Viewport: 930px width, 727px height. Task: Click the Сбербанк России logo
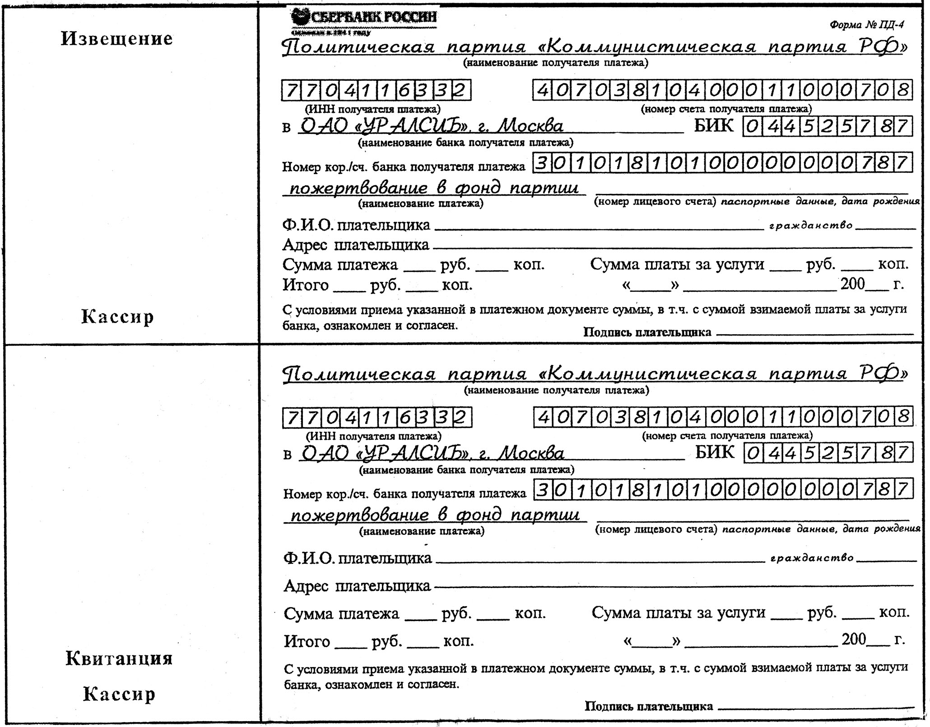pos(364,19)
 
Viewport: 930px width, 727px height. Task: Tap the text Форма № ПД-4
pos(866,25)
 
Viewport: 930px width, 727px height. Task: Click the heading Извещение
pos(117,39)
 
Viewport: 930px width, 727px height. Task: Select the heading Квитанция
pos(119,658)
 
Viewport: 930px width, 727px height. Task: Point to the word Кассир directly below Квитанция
pos(119,694)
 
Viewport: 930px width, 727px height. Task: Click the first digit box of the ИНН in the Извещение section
pos(291,91)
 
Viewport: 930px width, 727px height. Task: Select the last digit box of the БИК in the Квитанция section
pos(902,453)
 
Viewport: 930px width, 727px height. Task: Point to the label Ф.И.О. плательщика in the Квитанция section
pos(357,558)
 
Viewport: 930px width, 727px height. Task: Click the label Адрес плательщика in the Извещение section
pos(356,245)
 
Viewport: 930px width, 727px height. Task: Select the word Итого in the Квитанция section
pos(307,641)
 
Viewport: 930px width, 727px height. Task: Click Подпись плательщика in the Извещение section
pos(647,332)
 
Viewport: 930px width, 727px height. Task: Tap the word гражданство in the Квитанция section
pos(811,558)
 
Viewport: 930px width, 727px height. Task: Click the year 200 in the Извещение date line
pos(852,284)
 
